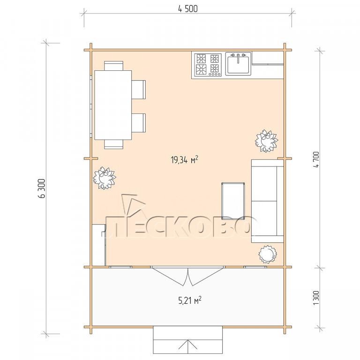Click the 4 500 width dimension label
(x=187, y=9)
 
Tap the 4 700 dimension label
(x=316, y=160)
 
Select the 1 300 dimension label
(x=316, y=298)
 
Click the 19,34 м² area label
(x=184, y=160)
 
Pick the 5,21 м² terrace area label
(x=190, y=300)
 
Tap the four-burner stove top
(x=208, y=65)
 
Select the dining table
(x=113, y=105)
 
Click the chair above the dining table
(x=113, y=66)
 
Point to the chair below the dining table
(x=113, y=144)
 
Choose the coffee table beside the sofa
(x=233, y=200)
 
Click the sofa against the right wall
(x=268, y=201)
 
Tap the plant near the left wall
(x=105, y=178)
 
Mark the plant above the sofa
(x=267, y=141)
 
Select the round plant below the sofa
(x=268, y=254)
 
